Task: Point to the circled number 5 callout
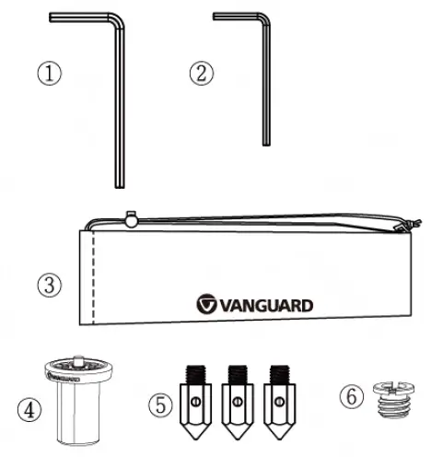click(163, 403)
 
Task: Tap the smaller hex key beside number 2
click(265, 83)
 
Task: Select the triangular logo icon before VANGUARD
click(208, 304)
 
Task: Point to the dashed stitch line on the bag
click(93, 276)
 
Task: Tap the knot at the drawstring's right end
click(402, 226)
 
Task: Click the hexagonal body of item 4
click(77, 410)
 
